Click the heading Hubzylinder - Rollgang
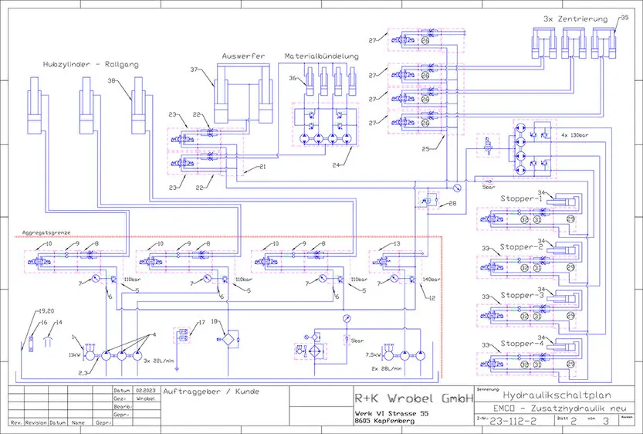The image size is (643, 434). point(91,65)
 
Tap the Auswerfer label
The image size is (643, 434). point(244,56)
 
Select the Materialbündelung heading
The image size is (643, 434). point(321,56)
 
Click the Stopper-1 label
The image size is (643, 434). point(522,198)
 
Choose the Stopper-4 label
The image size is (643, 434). point(522,344)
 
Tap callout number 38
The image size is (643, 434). point(111,81)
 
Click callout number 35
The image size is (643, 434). point(624,15)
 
